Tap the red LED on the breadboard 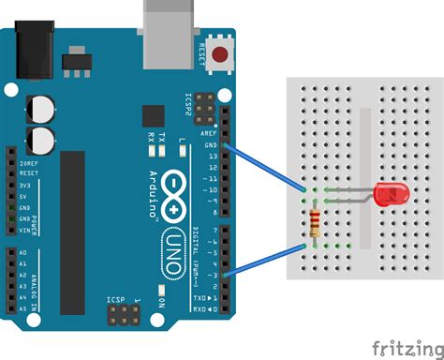click(x=388, y=195)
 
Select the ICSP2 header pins click(x=202, y=106)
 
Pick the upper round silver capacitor click(x=40, y=108)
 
